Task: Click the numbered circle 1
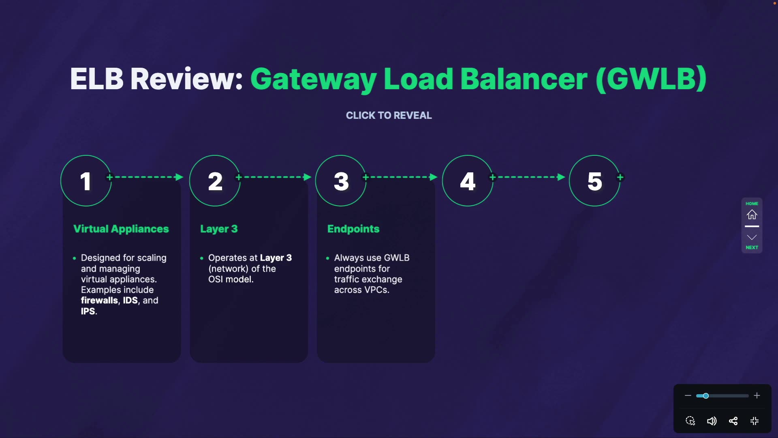point(85,181)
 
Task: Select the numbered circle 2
point(215,181)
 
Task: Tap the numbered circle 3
point(341,181)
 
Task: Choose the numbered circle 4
point(467,181)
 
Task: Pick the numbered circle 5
point(594,181)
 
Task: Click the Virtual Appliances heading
point(121,229)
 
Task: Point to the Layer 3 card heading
point(219,229)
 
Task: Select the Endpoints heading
point(353,229)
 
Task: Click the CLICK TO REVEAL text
point(389,116)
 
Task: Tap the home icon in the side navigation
point(752,215)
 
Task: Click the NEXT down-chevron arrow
point(752,238)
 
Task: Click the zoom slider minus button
point(688,395)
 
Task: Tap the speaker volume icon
point(712,421)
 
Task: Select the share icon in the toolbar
point(733,421)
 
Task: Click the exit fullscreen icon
point(754,421)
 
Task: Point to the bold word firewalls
point(99,301)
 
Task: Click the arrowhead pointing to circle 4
point(433,177)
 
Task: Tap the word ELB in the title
point(96,79)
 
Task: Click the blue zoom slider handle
point(705,396)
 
